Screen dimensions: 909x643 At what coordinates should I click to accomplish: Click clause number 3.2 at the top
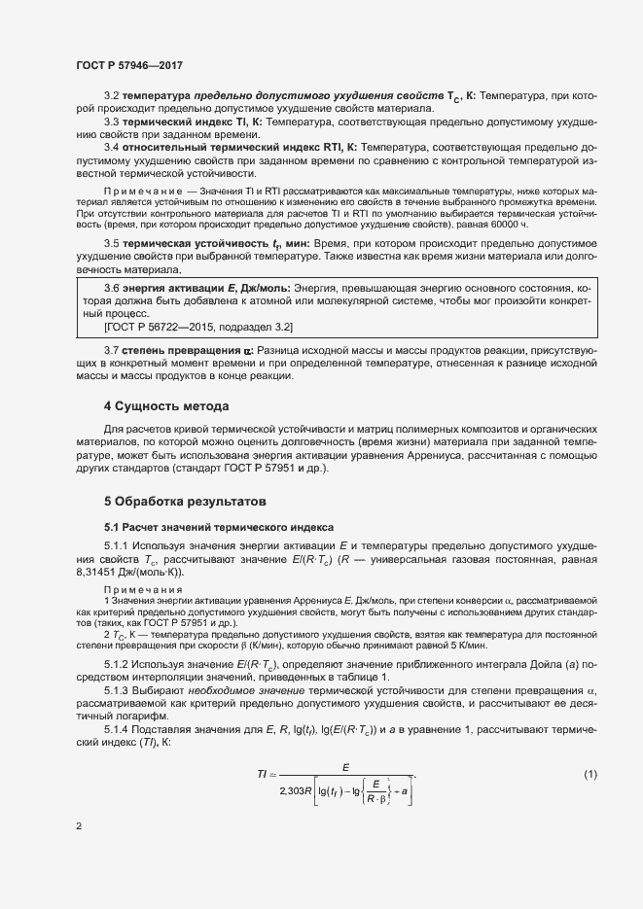[111, 96]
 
